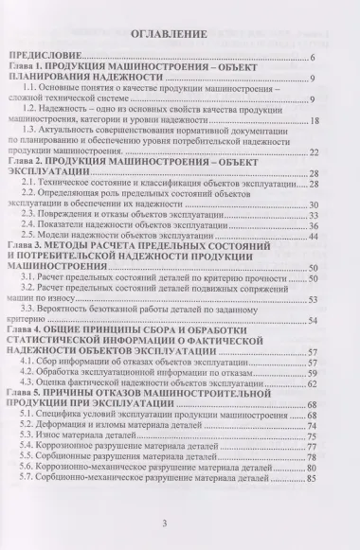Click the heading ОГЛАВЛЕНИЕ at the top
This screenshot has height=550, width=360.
click(179, 35)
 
